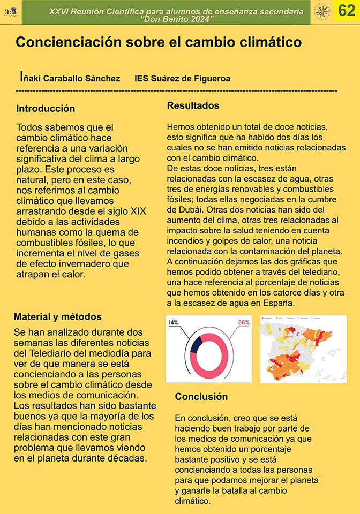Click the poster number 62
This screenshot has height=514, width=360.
347,11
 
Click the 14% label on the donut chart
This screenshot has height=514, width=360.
174,323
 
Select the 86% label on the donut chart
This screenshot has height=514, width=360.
244,322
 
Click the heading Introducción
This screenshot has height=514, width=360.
46,109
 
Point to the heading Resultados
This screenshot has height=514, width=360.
193,105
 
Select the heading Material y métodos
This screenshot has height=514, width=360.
57,317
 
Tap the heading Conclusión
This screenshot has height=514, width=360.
201,397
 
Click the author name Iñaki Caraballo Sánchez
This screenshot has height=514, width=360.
70,78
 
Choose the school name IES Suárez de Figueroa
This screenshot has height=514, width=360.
183,79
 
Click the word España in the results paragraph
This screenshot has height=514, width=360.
280,303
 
